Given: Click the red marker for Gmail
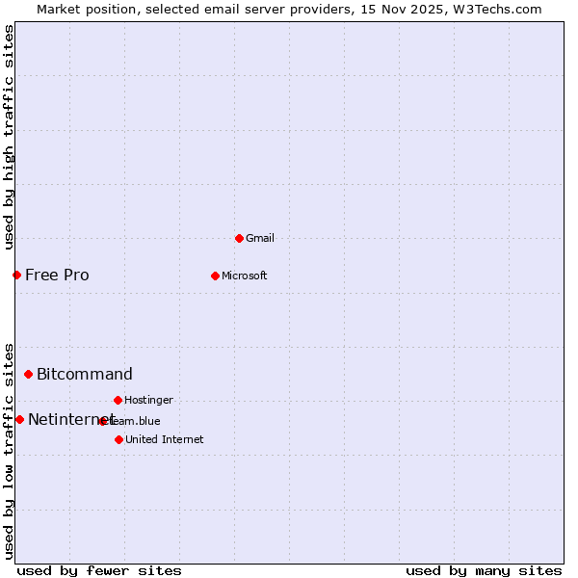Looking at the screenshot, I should [239, 238].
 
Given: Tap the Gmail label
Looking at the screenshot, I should [260, 238].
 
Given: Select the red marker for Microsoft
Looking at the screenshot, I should [215, 276].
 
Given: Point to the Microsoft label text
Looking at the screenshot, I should [244, 276].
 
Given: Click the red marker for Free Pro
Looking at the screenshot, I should [16, 275].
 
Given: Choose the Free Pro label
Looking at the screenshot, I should [57, 275].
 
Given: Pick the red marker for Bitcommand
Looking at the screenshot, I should [28, 374].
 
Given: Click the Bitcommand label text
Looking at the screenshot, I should [85, 374].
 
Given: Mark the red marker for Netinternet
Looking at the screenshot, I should [19, 419].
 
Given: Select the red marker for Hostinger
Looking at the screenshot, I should [118, 400].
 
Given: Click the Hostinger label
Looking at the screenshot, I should [148, 400].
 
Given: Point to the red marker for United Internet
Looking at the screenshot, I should [118, 439].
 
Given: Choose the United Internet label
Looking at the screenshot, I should [164, 439].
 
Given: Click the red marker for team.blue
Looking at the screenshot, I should [102, 421].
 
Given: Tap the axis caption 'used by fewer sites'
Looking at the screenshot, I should [99, 570].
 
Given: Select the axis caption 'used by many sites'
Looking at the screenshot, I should [484, 570].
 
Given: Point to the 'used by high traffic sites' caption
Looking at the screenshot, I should [9, 137].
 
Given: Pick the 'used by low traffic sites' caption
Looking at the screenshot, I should [9, 451].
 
